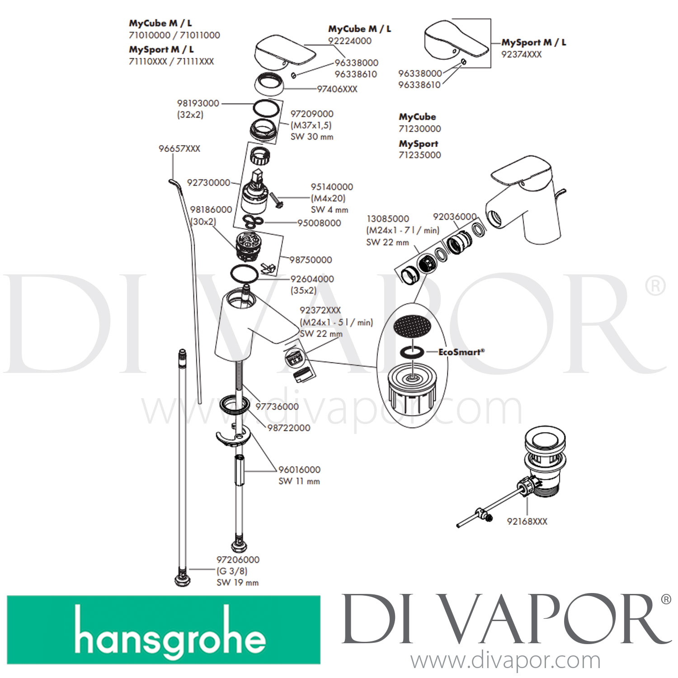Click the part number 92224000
[x=350, y=41]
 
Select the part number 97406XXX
[x=337, y=89]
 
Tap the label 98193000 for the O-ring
[x=198, y=103]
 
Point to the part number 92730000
[x=208, y=183]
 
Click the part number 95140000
[x=332, y=187]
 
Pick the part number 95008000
[x=319, y=223]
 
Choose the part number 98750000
[x=311, y=260]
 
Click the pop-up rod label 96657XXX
[x=179, y=149]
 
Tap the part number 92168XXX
[x=527, y=521]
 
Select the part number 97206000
[x=238, y=560]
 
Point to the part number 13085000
[x=388, y=219]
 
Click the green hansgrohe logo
[x=164, y=630]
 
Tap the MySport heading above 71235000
[x=419, y=144]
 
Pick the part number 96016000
[x=299, y=470]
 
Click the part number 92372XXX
[x=320, y=310]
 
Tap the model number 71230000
[x=420, y=129]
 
